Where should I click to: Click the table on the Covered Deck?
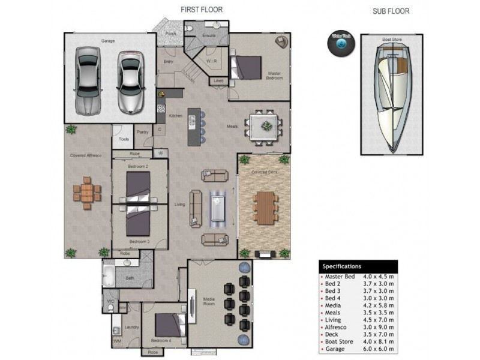click(263, 207)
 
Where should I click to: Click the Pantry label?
click(142, 131)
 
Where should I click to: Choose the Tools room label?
click(124, 139)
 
